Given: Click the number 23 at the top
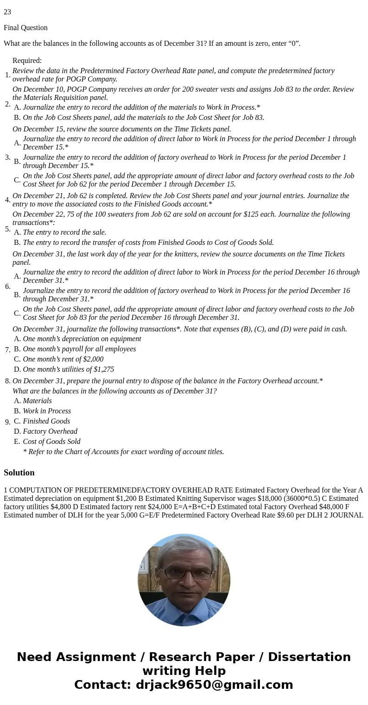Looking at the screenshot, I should pos(7,12).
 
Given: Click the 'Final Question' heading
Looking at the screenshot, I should pos(25,28).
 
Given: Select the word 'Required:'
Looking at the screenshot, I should pos(27,61).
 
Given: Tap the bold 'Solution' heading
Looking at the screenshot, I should pos(19,473).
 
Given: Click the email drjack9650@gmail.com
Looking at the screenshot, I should pos(214,685).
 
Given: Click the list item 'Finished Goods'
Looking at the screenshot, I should pos(46,421).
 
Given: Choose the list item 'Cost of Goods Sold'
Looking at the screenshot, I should pos(51,442).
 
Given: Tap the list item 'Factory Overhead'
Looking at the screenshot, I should pos(50,431).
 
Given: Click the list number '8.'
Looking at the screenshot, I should pos(7,381).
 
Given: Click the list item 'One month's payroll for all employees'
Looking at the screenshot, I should pos(79,349).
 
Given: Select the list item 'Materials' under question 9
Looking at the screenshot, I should pos(37,401).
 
